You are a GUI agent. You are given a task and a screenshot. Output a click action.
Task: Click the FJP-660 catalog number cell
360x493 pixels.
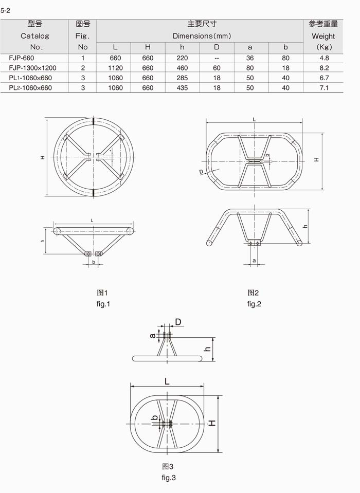point(22,58)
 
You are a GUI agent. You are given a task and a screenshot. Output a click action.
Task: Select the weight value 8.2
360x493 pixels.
point(324,68)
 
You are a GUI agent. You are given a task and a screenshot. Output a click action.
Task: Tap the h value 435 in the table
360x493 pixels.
point(183,88)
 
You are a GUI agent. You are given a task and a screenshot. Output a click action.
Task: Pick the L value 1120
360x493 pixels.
point(115,68)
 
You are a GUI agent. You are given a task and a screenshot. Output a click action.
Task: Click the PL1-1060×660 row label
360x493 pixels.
point(30,78)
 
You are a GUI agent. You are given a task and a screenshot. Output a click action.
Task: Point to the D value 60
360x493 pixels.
point(217,68)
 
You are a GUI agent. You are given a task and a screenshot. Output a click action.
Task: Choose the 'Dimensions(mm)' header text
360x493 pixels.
point(202,36)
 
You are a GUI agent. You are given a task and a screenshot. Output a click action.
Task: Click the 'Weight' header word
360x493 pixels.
point(323,36)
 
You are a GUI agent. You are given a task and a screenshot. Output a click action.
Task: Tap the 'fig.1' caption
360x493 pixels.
point(103,304)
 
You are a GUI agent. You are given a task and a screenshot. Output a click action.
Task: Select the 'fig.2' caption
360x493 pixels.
point(254,304)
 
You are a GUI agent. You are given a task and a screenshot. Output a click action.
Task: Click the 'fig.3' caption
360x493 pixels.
point(169,478)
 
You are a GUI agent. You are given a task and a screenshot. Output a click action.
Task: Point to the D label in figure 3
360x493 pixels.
point(178,322)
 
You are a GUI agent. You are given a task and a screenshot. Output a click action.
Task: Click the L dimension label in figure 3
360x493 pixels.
point(167,381)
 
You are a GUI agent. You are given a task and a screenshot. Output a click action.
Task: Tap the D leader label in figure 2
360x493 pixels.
point(201,172)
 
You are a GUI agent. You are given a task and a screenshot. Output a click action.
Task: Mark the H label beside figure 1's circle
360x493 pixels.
point(43,157)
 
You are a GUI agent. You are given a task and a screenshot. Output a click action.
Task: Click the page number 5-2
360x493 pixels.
point(5,10)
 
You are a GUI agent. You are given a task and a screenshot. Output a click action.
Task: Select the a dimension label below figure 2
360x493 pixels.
point(255,261)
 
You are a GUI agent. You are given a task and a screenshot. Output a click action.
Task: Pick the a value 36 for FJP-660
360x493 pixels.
point(250,58)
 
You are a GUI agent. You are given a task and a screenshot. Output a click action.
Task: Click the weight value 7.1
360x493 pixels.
point(324,88)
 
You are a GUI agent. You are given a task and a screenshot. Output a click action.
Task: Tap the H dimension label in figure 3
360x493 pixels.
point(212,423)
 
